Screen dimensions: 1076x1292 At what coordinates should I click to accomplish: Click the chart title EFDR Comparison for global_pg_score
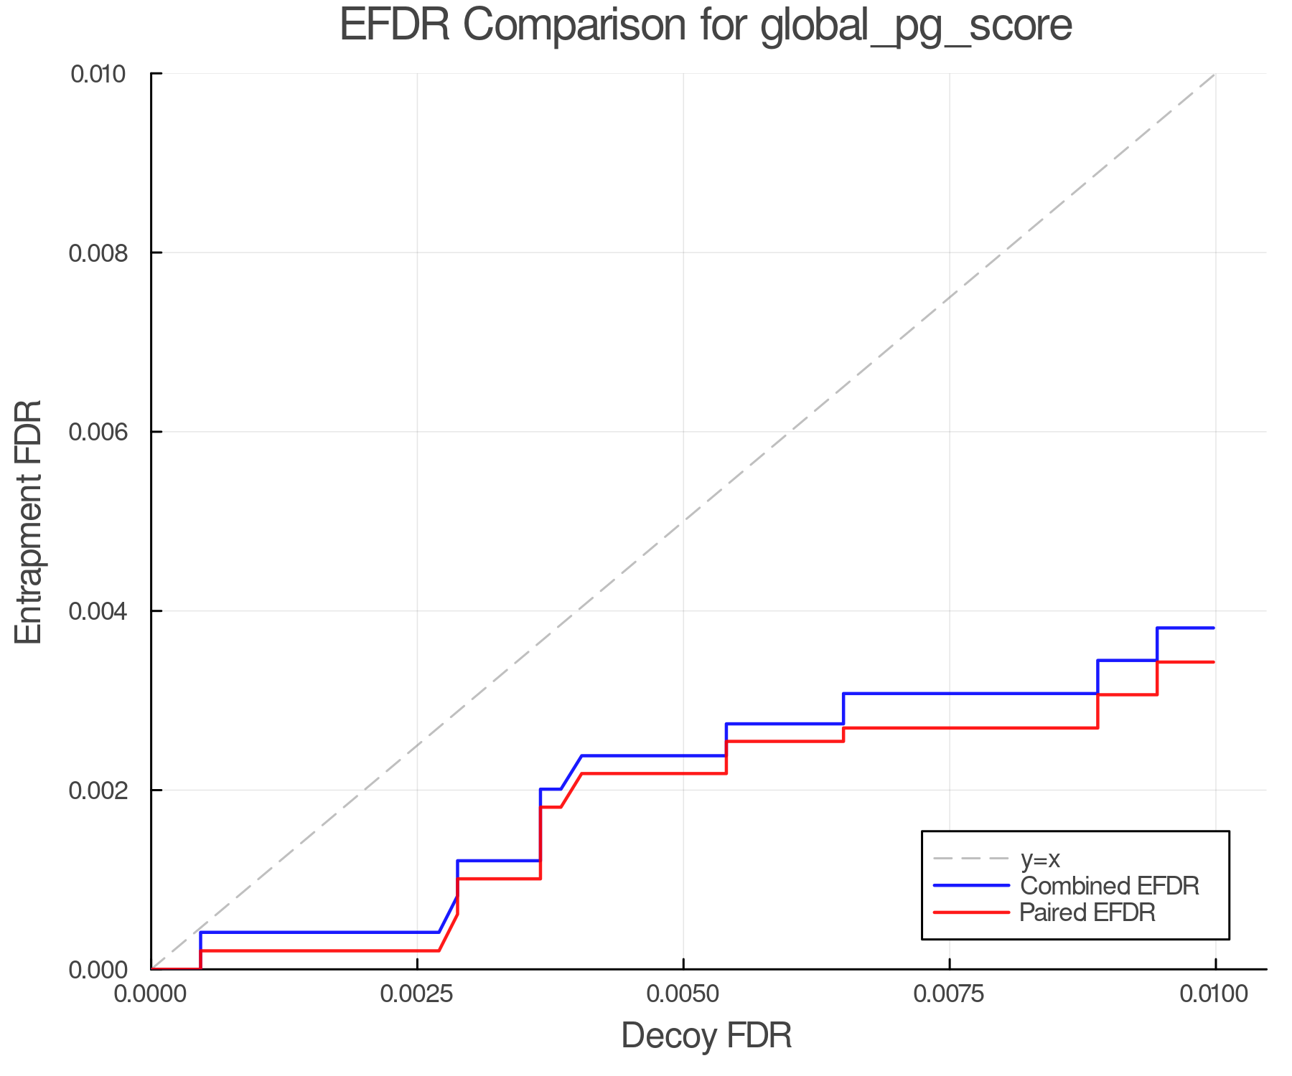[706, 26]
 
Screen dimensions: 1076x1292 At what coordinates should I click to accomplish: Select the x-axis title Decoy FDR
[706, 1035]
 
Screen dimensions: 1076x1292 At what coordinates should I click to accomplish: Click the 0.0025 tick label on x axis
[417, 994]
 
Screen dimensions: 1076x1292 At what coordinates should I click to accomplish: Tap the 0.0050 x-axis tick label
[683, 994]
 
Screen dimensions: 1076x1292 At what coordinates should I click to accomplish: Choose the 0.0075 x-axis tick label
[949, 994]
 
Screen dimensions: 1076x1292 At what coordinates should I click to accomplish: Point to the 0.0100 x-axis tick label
[1214, 994]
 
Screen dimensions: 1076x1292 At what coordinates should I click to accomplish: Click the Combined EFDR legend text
[1110, 886]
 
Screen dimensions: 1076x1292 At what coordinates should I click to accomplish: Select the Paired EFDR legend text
[1087, 912]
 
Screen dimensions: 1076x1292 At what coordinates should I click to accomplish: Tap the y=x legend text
[1040, 859]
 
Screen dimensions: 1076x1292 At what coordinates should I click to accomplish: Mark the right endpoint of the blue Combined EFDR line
[1214, 628]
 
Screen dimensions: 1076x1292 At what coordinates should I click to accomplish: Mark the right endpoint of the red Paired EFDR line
[1214, 662]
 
